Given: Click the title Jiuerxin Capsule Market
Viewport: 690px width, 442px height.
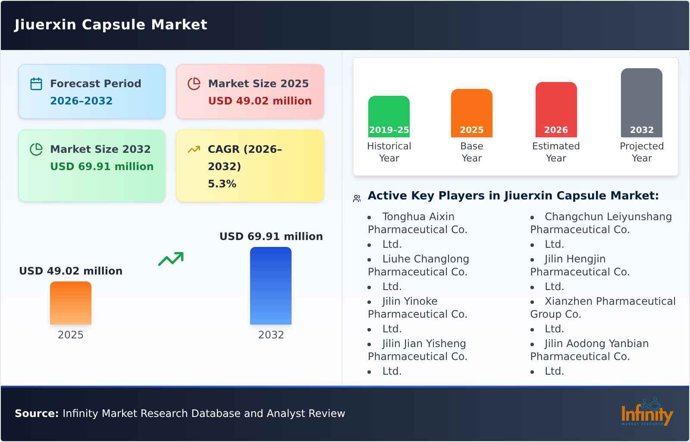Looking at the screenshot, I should [111, 25].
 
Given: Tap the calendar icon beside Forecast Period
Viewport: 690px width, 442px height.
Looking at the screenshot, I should [36, 84].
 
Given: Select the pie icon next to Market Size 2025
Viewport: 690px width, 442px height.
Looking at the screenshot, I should [194, 84].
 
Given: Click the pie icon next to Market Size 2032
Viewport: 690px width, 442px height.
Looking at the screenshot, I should [36, 149].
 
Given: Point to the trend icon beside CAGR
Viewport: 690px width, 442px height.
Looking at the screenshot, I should [194, 149].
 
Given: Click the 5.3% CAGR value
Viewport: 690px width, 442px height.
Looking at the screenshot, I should [222, 184].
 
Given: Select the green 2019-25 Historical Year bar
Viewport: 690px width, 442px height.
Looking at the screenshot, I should [389, 116].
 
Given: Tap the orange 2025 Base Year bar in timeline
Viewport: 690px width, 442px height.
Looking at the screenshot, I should [471, 113].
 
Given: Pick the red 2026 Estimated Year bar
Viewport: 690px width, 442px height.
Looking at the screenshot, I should [556, 109].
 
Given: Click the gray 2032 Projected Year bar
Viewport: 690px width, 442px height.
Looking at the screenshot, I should [641, 102].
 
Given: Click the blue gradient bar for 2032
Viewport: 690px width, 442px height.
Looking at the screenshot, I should [271, 285].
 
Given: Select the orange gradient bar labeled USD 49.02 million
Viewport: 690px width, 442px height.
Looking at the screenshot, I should [71, 303].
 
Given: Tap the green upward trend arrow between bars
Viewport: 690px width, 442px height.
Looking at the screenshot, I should [171, 259].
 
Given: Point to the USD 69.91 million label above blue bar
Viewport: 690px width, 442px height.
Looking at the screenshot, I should [271, 237].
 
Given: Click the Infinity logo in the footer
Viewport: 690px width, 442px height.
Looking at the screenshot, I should [647, 413].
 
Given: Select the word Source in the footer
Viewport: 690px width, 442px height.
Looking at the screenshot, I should [37, 414].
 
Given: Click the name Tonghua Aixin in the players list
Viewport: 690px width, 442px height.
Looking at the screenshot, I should [418, 217].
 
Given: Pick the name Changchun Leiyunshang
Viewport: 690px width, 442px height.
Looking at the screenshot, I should [608, 217].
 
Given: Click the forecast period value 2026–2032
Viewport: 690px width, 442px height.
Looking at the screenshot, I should [81, 101].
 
